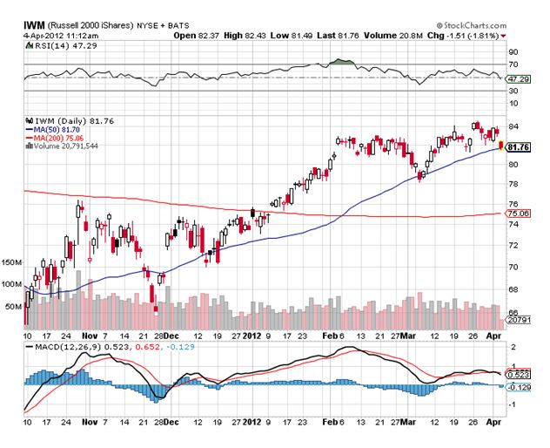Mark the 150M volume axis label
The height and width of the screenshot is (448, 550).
pos(13,261)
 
